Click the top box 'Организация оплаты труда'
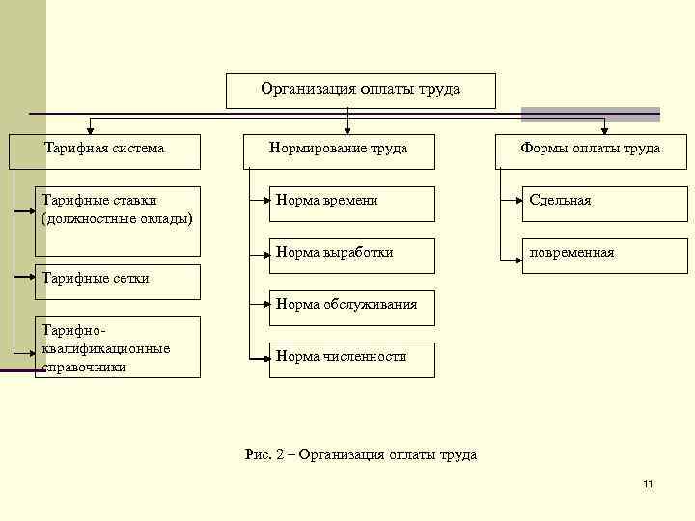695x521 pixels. point(360,91)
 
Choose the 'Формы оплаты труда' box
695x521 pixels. point(591,150)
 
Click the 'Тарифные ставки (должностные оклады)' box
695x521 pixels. point(118,208)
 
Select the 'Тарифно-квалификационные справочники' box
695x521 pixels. point(118,347)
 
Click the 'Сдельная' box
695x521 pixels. point(591,202)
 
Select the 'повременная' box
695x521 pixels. point(591,254)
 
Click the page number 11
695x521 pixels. point(648,483)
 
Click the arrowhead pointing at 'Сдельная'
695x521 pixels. point(517,202)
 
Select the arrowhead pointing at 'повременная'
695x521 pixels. point(517,258)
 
